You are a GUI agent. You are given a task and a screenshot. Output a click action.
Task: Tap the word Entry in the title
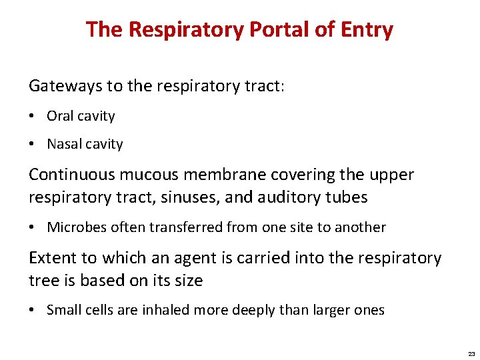pos(366,30)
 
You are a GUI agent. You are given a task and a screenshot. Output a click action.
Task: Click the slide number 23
pos(471,354)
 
